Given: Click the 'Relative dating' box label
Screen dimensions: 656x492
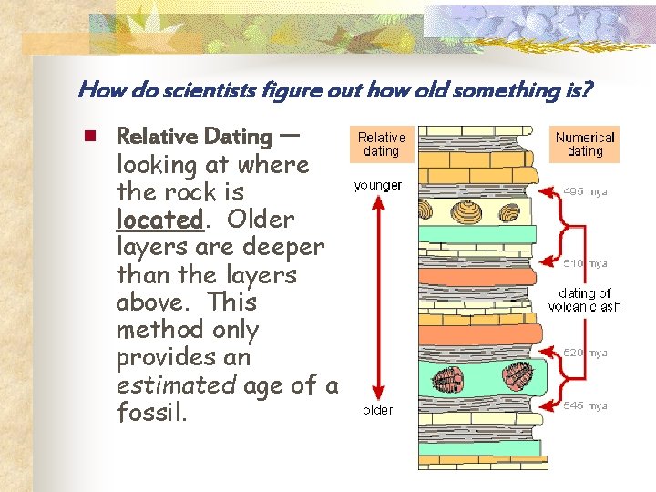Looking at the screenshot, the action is (381, 144).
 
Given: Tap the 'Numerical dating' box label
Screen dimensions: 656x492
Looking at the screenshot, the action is (585, 144).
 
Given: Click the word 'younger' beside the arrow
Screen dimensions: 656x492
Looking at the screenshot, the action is (378, 185).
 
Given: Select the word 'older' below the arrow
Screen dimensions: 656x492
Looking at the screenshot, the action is (378, 410).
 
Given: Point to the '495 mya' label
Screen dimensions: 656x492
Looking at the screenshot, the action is (585, 191).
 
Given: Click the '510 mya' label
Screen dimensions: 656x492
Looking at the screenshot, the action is (585, 263).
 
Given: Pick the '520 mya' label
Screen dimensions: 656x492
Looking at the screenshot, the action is (585, 353).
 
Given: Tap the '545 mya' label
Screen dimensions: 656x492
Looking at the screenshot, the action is (585, 405).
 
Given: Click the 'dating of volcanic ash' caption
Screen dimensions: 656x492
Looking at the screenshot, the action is (584, 300).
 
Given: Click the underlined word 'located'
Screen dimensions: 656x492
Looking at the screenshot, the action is (159, 220).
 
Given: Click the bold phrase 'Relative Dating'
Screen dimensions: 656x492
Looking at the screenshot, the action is (194, 137).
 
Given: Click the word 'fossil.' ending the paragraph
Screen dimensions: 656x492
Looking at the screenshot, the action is (152, 413).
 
